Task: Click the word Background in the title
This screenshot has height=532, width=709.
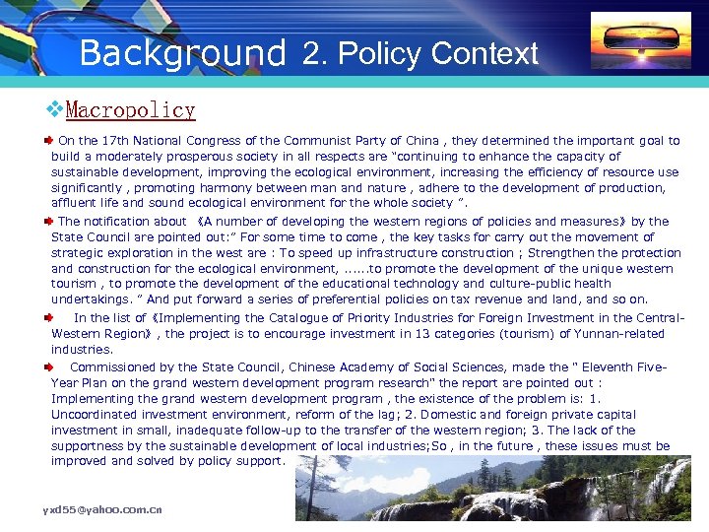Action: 183,52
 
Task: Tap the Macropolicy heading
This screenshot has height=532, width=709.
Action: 130,110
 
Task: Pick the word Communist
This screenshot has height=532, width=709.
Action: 324,141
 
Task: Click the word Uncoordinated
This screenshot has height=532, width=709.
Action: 96,415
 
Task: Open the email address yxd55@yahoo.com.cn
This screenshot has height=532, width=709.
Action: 101,510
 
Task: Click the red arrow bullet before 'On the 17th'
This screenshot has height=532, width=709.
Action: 46,141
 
